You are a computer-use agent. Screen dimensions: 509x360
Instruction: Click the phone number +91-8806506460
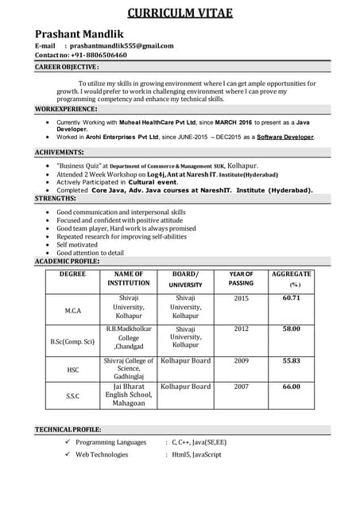(x=96, y=56)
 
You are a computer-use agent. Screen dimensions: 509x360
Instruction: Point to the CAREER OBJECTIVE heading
(x=67, y=68)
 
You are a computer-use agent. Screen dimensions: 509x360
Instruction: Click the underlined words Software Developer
(x=285, y=137)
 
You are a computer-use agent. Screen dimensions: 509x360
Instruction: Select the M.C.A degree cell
(x=72, y=312)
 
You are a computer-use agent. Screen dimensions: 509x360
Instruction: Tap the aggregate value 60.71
(x=292, y=298)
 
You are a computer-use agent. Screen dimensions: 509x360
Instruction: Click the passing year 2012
(x=241, y=328)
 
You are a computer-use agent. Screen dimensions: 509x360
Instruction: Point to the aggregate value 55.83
(x=292, y=360)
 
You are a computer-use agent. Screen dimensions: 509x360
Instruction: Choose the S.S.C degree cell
(x=72, y=395)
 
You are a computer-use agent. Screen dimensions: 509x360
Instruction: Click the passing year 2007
(x=241, y=387)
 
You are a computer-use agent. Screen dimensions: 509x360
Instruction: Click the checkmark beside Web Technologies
(x=68, y=455)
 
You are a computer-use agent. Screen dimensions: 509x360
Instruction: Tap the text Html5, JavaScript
(x=196, y=455)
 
